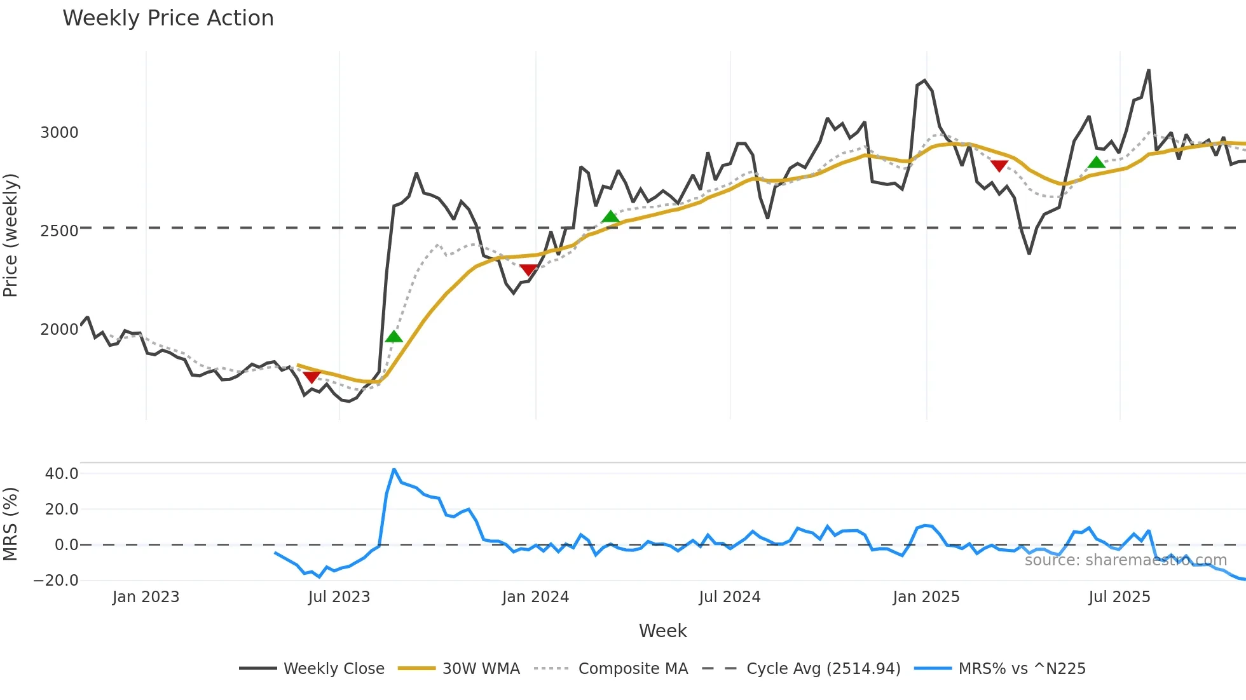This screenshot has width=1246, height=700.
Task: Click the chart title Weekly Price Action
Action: (x=168, y=18)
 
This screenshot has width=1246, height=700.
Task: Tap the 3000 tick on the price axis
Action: (x=59, y=133)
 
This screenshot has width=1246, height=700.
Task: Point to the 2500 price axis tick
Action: (x=59, y=231)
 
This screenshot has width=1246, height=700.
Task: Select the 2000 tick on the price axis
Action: (x=59, y=329)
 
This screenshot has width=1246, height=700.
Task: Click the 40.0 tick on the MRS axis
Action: (x=62, y=473)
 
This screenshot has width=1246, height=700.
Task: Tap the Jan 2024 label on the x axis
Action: (x=535, y=597)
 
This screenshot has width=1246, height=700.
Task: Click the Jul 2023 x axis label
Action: (x=339, y=597)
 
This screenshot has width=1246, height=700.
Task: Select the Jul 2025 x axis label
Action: (x=1119, y=597)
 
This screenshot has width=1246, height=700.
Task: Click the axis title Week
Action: (x=662, y=631)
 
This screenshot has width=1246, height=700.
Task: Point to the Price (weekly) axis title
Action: (x=11, y=235)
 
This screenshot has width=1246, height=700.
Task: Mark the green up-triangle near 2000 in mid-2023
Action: (x=394, y=337)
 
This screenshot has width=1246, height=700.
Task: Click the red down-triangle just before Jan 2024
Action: (x=528, y=271)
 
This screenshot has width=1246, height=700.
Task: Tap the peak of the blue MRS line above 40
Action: (x=394, y=469)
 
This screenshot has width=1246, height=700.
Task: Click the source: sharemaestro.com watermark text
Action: (x=1125, y=560)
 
